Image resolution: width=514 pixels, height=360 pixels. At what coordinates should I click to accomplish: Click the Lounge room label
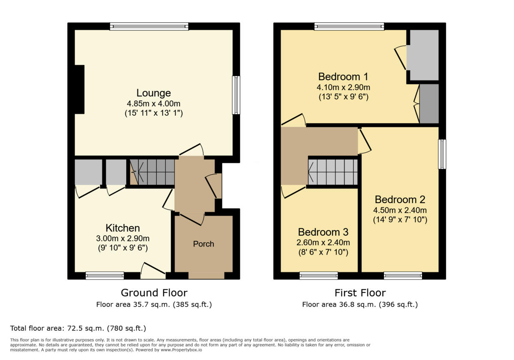[x=153, y=93]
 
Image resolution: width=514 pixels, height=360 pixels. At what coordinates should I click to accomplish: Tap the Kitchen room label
[x=123, y=228]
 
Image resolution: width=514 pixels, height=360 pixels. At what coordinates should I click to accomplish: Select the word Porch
[x=203, y=244]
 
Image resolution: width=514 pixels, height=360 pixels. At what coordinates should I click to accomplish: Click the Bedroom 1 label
[x=343, y=77]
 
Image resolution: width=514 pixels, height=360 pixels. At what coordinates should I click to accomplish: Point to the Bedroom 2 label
[x=400, y=199]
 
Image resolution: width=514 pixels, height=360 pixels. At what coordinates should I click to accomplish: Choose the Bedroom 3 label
[x=323, y=232]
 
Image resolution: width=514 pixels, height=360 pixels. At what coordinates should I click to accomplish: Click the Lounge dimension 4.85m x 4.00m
[x=153, y=104]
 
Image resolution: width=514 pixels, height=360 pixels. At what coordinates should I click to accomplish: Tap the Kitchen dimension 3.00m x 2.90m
[x=123, y=238]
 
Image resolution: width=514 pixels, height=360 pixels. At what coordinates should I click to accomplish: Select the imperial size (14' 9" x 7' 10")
[x=400, y=220]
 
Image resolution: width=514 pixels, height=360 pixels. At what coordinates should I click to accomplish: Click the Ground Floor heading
[x=154, y=293]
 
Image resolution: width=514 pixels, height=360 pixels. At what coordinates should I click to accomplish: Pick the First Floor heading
[x=360, y=293]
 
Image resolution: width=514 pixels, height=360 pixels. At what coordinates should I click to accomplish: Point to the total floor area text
[x=78, y=328]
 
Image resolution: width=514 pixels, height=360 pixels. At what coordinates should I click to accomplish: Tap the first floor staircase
[x=333, y=172]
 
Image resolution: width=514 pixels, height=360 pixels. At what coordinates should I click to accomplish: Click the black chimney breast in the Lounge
[x=79, y=89]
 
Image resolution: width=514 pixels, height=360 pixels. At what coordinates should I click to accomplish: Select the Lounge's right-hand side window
[x=236, y=95]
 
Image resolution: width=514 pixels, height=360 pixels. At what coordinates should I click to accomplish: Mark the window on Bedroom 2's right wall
[x=442, y=154]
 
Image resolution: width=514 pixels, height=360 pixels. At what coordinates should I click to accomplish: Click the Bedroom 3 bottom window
[x=318, y=276]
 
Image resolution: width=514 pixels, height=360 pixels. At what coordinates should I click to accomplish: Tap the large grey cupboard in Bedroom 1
[x=422, y=55]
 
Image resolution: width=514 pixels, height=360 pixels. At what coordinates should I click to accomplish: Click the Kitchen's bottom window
[x=105, y=276]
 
